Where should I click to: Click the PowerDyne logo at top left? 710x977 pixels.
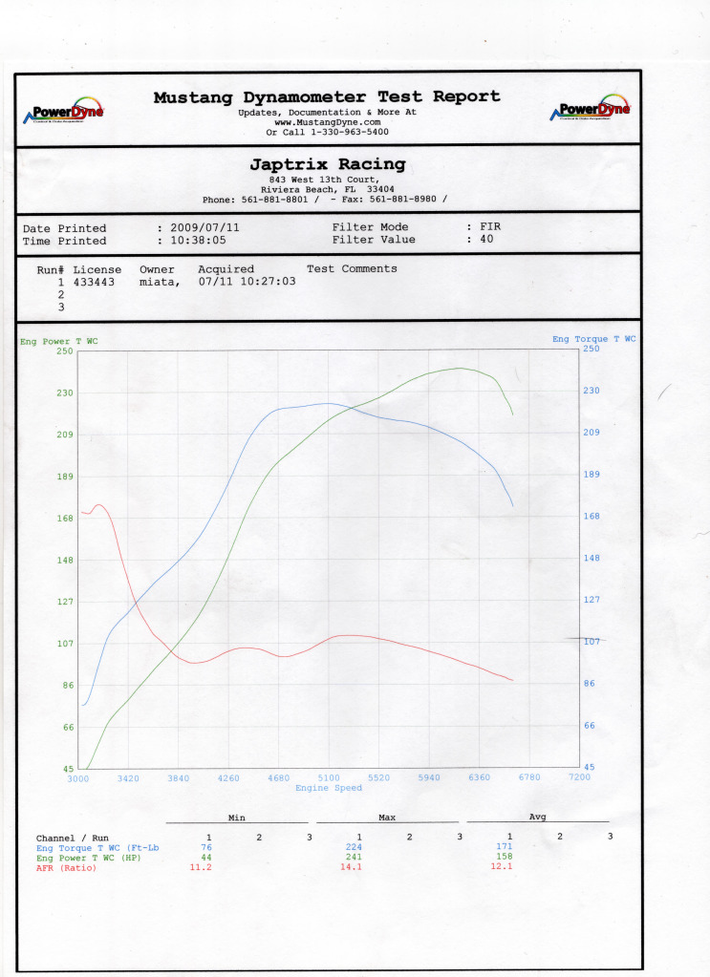tap(65, 111)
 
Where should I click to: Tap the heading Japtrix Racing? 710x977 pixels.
tap(327, 164)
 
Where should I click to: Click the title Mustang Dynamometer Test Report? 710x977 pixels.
tap(327, 96)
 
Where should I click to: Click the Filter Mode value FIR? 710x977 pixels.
tap(489, 227)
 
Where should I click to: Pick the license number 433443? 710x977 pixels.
tap(94, 283)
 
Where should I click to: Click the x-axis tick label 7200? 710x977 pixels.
tap(579, 777)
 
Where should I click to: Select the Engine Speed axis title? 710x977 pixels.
tap(328, 788)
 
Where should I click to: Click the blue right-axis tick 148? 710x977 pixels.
tap(592, 558)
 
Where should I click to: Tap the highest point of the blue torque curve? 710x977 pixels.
tap(327, 403)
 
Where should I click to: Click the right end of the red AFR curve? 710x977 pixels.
tap(513, 680)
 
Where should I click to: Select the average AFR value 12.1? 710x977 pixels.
tap(509, 866)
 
